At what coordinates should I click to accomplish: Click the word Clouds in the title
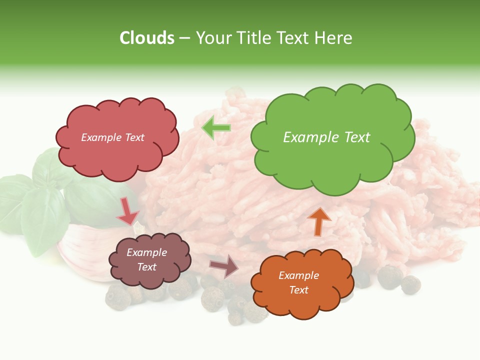146,38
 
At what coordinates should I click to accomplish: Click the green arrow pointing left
216,128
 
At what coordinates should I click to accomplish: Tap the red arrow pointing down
127,212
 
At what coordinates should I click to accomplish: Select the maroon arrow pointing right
223,265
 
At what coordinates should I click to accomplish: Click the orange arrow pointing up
319,221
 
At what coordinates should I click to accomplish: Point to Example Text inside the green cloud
326,137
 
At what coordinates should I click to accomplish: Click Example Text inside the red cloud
112,137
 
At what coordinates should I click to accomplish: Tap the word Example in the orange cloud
298,275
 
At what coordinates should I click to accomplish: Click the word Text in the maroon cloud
147,267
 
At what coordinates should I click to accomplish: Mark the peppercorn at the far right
410,284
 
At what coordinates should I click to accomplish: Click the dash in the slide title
184,38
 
